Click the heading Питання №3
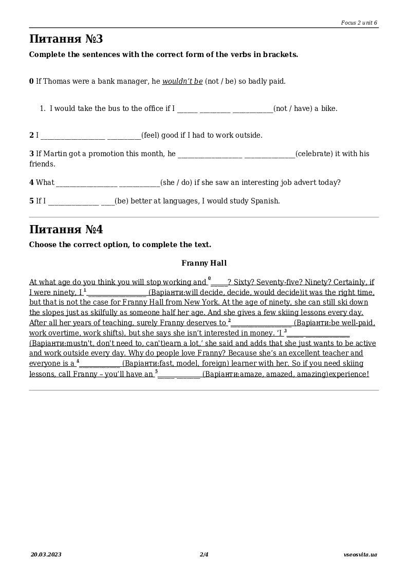pyautogui.click(x=66, y=39)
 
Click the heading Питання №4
pyautogui.click(x=66, y=230)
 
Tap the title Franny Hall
pyautogui.click(x=204, y=263)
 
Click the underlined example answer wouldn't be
pyautogui.click(x=182, y=81)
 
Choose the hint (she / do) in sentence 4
pyautogui.click(x=176, y=182)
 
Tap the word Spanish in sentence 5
pyautogui.click(x=264, y=201)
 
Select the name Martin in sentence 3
pyautogui.click(x=56, y=154)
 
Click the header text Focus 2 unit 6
pyautogui.click(x=359, y=23)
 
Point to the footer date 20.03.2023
pyautogui.click(x=46, y=554)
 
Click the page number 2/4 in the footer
pyautogui.click(x=204, y=554)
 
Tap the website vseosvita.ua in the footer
pyautogui.click(x=360, y=554)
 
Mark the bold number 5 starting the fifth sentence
pyautogui.click(x=31, y=201)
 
